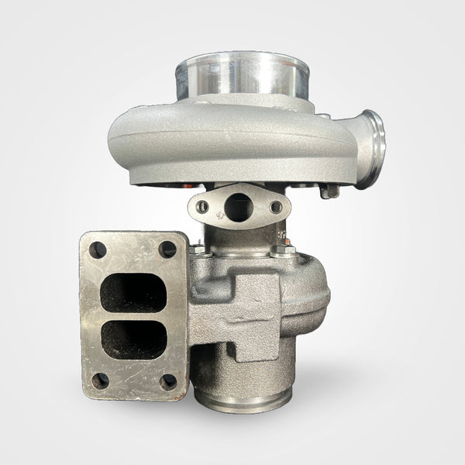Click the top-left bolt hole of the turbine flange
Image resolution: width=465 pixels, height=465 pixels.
pyautogui.click(x=98, y=250)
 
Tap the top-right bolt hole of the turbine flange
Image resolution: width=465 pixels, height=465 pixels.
pyautogui.click(x=167, y=249)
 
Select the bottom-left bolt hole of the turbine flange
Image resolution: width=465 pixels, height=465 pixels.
pyautogui.click(x=99, y=380)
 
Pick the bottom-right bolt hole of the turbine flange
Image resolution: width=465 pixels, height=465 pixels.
pyautogui.click(x=168, y=381)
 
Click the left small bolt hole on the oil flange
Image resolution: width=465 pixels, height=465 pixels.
pyautogui.click(x=203, y=207)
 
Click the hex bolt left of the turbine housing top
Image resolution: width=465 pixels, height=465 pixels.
pyautogui.click(x=199, y=249)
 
